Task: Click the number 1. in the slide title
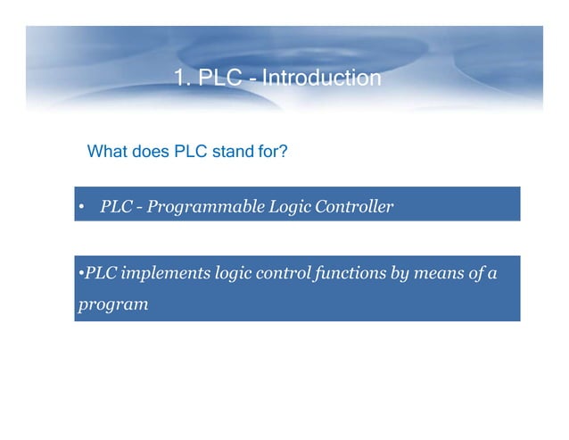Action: point(183,79)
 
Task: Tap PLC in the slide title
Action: point(219,79)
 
